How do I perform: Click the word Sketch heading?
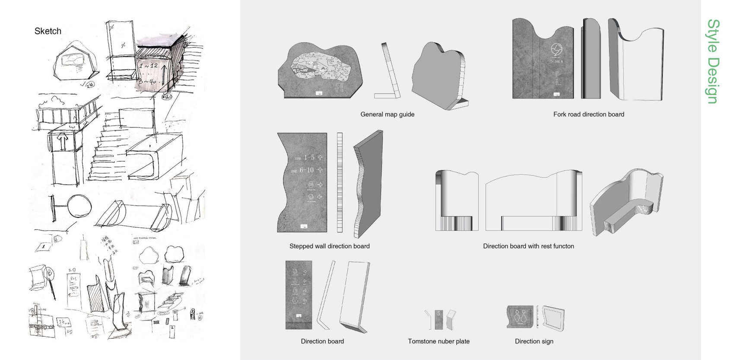48,31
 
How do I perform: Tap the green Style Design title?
713,61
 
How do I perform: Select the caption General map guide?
387,115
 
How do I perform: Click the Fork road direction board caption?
588,115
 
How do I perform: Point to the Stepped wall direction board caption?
329,246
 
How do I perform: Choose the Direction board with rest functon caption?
528,246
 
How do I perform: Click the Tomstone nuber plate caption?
438,341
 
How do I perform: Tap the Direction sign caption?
534,341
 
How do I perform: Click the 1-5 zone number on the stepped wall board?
309,157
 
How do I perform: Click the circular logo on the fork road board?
556,49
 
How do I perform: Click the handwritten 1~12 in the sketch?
148,66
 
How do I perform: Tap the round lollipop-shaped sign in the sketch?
80,206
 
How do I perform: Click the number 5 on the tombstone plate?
438,314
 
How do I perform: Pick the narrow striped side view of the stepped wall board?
340,182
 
